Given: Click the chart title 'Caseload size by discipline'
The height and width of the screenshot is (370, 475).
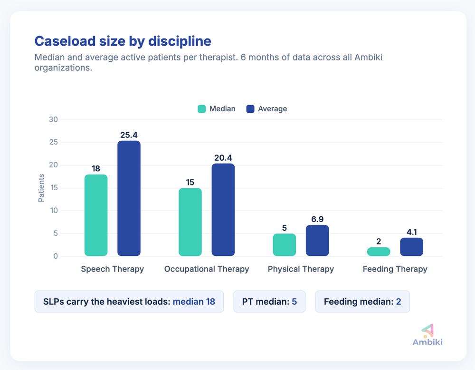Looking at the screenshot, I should pyautogui.click(x=123, y=41).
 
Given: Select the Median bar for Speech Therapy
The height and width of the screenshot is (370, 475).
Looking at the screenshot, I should pyautogui.click(x=96, y=215).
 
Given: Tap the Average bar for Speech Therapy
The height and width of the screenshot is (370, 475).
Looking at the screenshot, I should pyautogui.click(x=129, y=198).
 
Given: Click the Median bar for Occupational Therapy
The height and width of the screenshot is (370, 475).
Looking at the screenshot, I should pyautogui.click(x=190, y=222).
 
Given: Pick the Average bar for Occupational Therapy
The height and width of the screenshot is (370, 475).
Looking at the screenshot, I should pyautogui.click(x=223, y=210).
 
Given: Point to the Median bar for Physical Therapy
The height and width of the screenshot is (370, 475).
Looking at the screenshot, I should pyautogui.click(x=284, y=245).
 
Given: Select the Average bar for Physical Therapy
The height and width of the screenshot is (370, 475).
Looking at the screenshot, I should pyautogui.click(x=317, y=241).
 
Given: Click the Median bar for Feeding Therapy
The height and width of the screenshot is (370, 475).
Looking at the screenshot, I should pyautogui.click(x=379, y=252).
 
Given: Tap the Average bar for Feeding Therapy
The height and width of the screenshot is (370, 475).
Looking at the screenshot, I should pyautogui.click(x=411, y=247).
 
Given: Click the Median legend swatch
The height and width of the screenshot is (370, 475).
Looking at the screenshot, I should pyautogui.click(x=202, y=109).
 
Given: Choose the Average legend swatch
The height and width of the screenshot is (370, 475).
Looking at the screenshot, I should pyautogui.click(x=250, y=109).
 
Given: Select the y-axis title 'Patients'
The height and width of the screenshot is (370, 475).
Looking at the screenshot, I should pyautogui.click(x=41, y=188).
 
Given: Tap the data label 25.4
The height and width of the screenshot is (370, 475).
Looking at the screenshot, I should pyautogui.click(x=129, y=135).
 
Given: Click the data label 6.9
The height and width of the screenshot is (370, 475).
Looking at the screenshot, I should pyautogui.click(x=317, y=219).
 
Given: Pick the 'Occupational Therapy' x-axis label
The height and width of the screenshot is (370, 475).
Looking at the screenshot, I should pyautogui.click(x=207, y=269).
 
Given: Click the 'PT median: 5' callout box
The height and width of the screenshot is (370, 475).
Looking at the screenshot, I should pyautogui.click(x=269, y=302).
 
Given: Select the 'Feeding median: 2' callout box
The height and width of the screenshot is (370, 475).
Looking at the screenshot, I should pyautogui.click(x=362, y=302).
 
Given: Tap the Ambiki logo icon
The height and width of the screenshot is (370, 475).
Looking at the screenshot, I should pyautogui.click(x=427, y=330).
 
